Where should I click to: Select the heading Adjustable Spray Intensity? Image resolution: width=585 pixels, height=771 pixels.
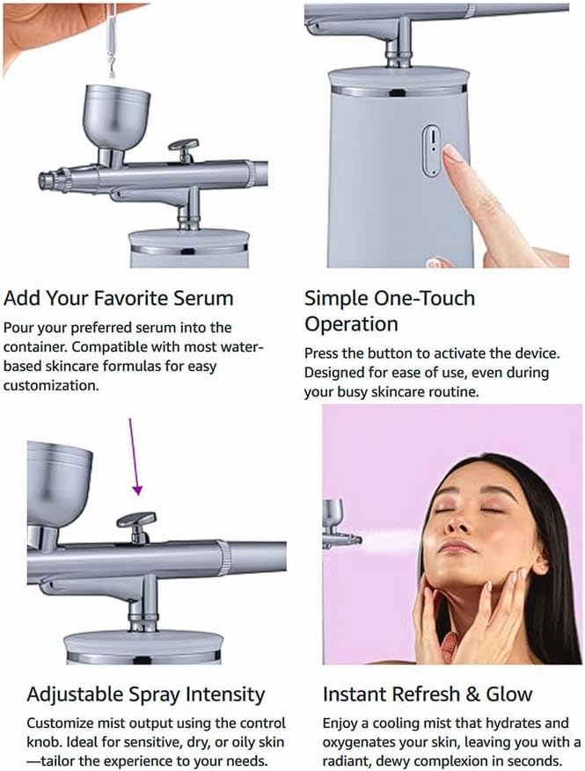[145, 694]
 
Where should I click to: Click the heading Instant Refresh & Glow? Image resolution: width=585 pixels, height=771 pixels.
[427, 694]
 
